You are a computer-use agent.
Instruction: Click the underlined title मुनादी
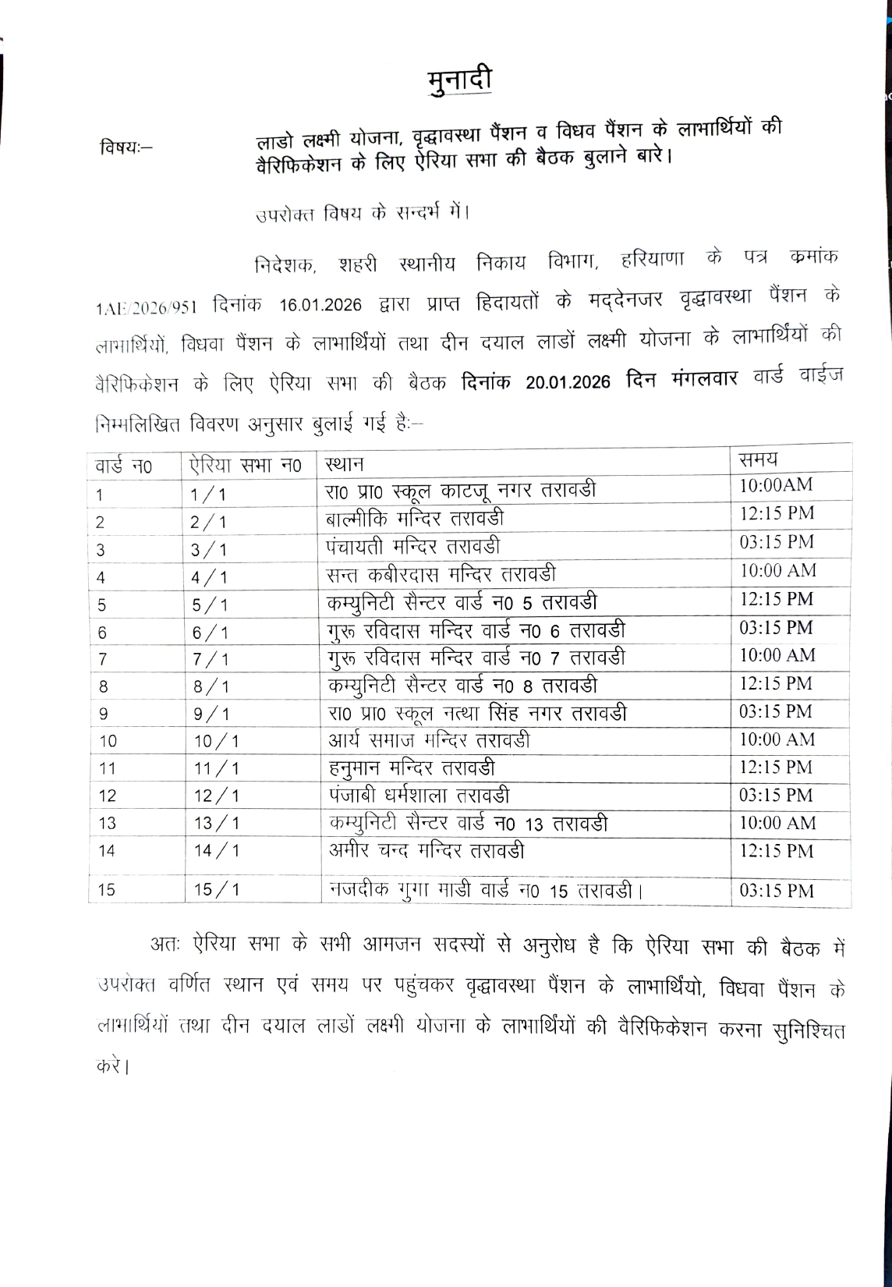(461, 80)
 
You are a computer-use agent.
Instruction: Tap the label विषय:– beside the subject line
(126, 147)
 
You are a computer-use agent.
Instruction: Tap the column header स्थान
(345, 465)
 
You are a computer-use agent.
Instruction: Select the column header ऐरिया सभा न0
(246, 466)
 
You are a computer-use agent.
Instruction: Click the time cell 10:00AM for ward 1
(775, 485)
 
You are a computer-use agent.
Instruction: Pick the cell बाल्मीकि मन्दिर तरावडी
(415, 518)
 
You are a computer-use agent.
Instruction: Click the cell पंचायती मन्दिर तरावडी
(413, 546)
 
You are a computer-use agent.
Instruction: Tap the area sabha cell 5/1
(209, 605)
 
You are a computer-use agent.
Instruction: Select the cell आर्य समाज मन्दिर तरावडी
(429, 739)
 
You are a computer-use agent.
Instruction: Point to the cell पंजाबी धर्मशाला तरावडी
(419, 796)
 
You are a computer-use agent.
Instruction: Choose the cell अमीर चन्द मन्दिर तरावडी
(426, 850)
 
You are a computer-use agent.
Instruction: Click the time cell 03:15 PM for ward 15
(776, 891)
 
